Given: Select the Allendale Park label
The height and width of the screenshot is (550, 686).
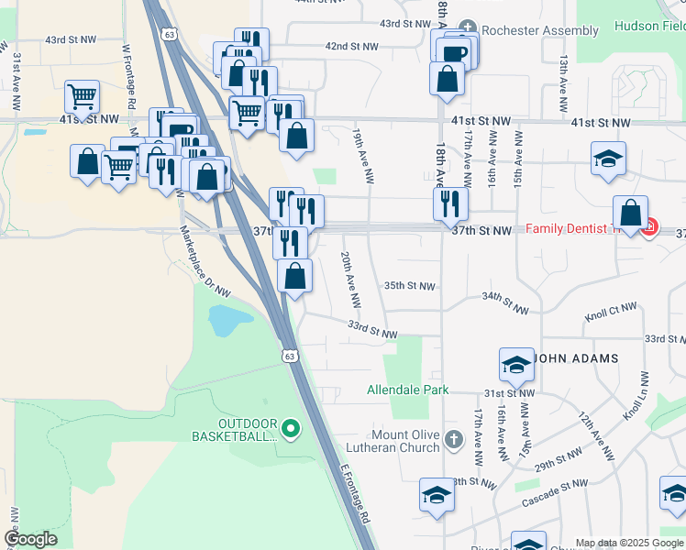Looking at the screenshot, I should [x=408, y=390].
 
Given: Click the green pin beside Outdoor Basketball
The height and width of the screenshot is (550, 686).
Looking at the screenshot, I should [x=291, y=427].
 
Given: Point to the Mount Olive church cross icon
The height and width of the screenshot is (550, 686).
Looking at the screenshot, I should [x=452, y=439].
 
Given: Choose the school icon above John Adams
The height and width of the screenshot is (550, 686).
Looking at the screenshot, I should [x=517, y=365].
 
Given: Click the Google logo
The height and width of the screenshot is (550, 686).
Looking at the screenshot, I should [x=30, y=539].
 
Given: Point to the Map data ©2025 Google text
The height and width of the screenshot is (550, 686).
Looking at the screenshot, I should [x=629, y=543].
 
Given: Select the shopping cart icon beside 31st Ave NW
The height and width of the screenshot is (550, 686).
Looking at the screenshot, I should [x=83, y=96].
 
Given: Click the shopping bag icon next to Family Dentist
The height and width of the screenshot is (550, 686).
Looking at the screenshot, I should [x=631, y=214].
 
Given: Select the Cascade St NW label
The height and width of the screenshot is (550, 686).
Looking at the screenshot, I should [x=554, y=495].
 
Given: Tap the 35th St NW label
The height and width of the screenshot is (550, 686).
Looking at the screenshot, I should [x=409, y=286].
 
